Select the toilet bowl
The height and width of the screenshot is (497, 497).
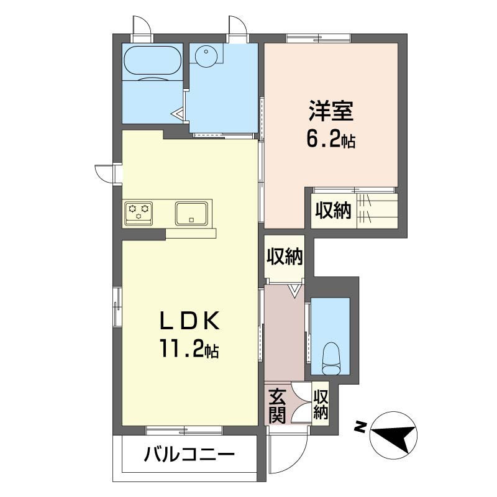(x=331, y=359)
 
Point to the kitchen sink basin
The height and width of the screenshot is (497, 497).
(x=191, y=214)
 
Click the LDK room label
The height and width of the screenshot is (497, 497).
(x=189, y=321)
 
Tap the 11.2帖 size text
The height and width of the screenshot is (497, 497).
(x=189, y=348)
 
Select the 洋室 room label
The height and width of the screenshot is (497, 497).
(x=331, y=111)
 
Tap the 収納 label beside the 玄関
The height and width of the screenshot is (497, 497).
(x=321, y=404)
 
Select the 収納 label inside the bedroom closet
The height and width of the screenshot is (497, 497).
(x=333, y=210)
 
